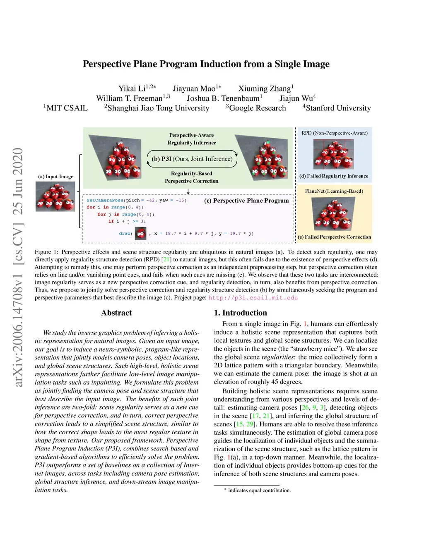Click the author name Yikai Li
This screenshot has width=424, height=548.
point(132,89)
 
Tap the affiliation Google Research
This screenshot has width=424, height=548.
point(258,108)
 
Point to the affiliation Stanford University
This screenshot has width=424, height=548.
point(338,108)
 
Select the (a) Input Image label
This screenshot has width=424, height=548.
point(55,177)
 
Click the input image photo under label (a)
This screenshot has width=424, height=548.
point(55,196)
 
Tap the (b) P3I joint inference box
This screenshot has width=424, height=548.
point(192,159)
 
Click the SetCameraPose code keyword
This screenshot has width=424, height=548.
point(105,201)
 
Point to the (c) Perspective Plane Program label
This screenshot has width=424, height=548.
point(246,201)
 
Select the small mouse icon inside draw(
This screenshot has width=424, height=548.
point(140,234)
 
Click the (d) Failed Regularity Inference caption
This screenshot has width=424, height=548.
point(334,176)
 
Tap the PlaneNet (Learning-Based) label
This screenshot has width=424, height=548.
point(334,191)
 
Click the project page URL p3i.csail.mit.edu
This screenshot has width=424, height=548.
point(253,298)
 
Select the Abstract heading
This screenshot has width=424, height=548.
point(116,313)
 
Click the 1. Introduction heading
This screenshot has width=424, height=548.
point(241,313)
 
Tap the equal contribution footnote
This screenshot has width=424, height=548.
point(259,491)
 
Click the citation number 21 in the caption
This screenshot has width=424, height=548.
point(166,260)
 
